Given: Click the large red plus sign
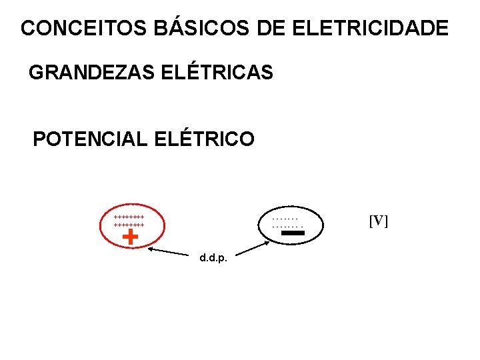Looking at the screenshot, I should click(x=131, y=236).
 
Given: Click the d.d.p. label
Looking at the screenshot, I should click(x=213, y=258).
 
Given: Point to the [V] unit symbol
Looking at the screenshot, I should click(x=378, y=221).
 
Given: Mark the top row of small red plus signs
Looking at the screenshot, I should click(x=129, y=217).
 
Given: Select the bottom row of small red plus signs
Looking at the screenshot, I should click(x=129, y=225).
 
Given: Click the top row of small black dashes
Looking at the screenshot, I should click(x=285, y=217).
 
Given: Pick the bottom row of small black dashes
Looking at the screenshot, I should click(x=285, y=225).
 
